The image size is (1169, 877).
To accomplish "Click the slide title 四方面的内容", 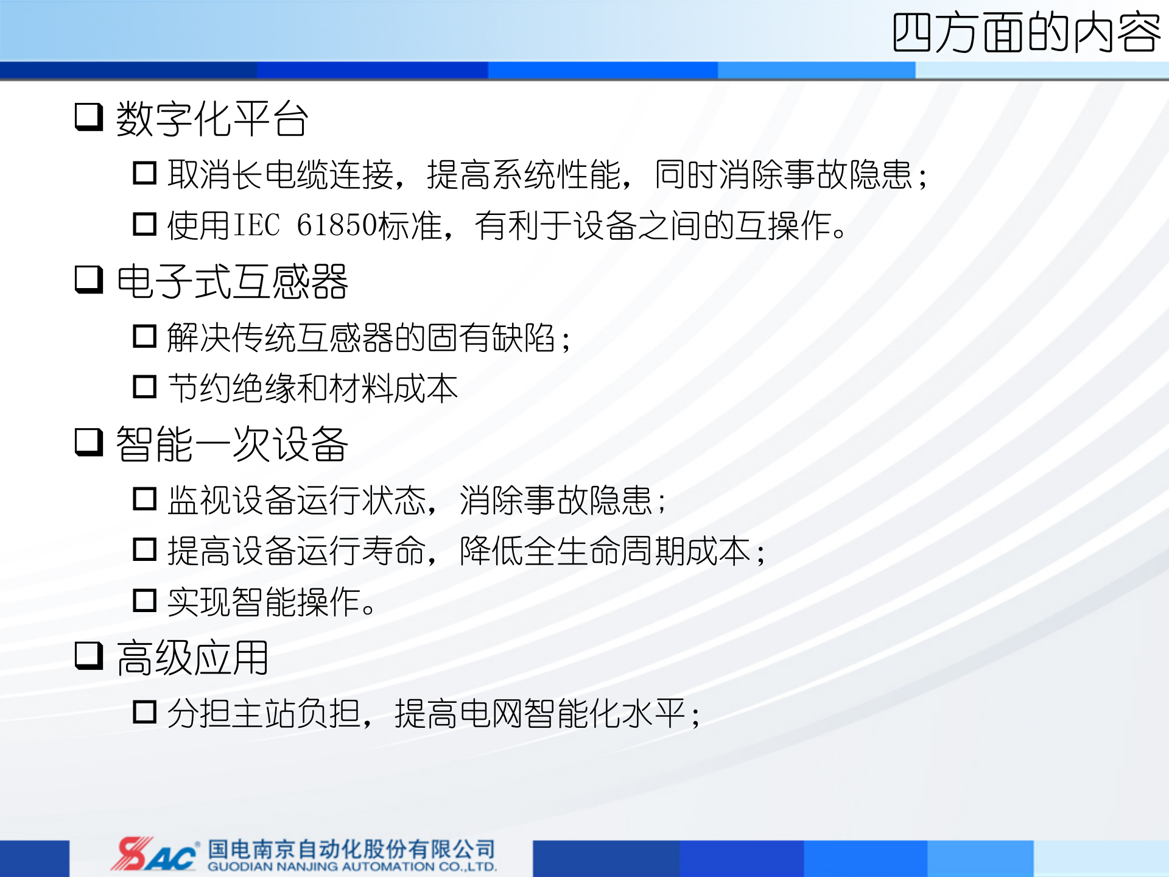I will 1026,33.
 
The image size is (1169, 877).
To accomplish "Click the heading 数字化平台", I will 212,119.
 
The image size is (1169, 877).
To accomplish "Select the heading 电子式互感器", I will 232,281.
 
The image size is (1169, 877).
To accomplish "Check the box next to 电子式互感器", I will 89,279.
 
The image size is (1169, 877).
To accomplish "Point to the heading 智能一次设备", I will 232,444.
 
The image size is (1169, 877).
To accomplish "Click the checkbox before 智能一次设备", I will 89,442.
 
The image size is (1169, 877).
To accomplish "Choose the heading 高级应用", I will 192,658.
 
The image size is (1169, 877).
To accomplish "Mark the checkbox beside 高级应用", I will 89,655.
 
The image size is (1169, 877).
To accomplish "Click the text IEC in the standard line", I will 257,225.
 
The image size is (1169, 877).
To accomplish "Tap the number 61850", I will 337,225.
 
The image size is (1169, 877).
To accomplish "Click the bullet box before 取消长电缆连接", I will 145,173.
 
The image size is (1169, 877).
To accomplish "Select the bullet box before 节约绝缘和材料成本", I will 145,387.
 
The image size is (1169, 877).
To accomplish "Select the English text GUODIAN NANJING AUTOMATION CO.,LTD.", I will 352,867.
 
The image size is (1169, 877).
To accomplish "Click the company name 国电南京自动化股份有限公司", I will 352,848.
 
